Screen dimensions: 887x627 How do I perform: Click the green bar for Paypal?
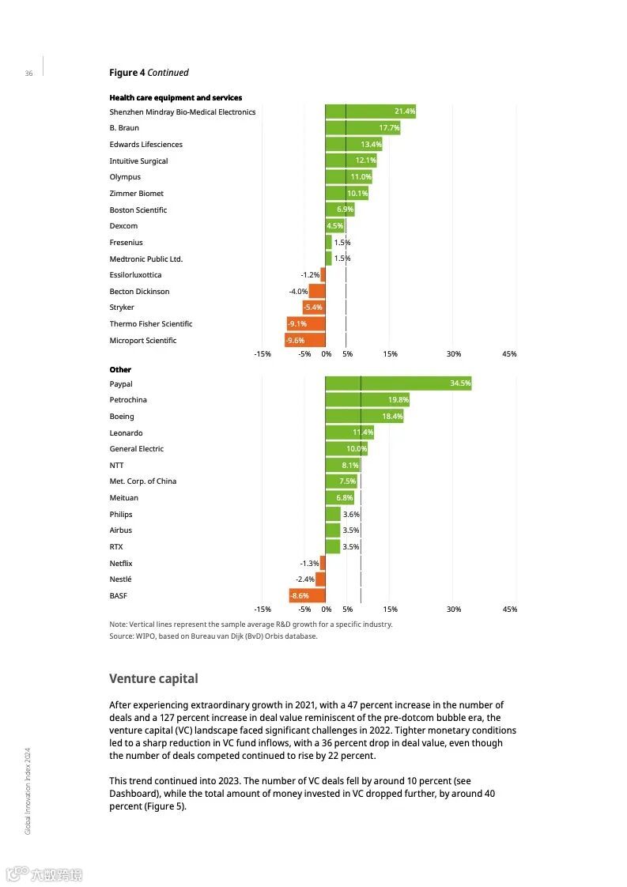(398, 383)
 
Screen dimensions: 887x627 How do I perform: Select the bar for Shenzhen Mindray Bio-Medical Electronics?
(370, 111)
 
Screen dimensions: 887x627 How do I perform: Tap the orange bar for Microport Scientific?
(305, 341)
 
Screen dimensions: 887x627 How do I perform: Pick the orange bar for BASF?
(307, 595)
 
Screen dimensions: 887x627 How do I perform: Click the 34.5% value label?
(460, 383)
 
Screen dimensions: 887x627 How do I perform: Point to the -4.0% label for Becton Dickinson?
(298, 292)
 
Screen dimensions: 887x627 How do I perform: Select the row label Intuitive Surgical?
(138, 161)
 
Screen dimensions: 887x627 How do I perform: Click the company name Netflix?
(121, 563)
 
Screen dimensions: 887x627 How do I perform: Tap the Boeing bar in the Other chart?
(364, 416)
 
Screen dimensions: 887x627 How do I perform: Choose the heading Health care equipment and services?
(176, 98)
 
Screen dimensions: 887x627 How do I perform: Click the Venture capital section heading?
(153, 678)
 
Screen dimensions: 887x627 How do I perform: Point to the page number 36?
(28, 74)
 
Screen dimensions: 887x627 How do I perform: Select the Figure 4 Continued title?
(149, 73)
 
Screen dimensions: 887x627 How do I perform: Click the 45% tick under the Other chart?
(510, 610)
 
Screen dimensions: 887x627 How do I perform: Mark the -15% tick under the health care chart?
(263, 354)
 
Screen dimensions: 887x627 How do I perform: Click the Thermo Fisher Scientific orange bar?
(306, 324)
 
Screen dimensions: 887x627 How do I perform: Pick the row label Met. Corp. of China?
(142, 481)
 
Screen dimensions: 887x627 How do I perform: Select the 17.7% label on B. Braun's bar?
(389, 128)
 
